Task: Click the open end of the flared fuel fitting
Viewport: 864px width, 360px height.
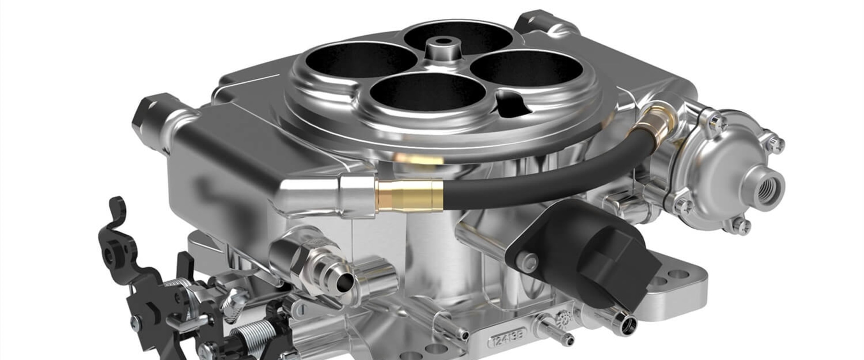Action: (343, 284)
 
